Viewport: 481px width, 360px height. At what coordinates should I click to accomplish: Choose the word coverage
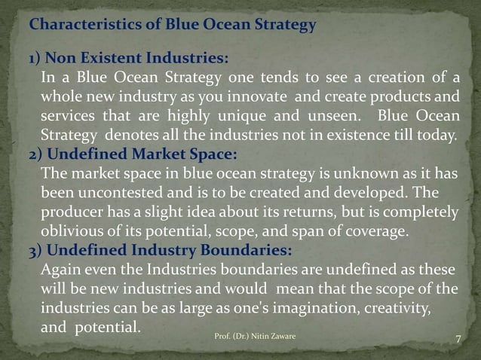[377, 232]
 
